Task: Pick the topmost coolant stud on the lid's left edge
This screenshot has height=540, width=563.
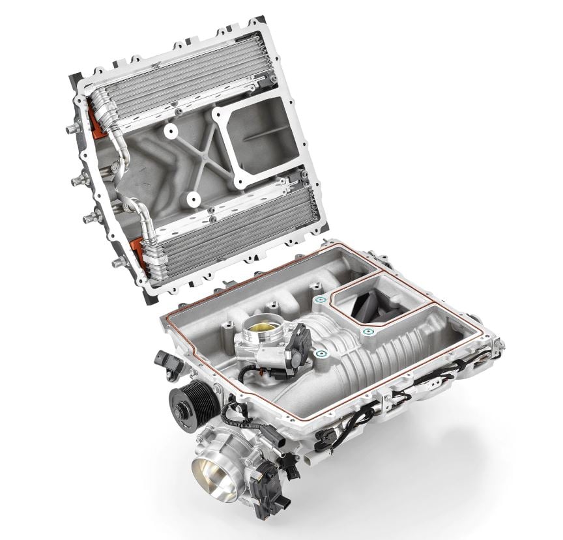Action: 68,128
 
